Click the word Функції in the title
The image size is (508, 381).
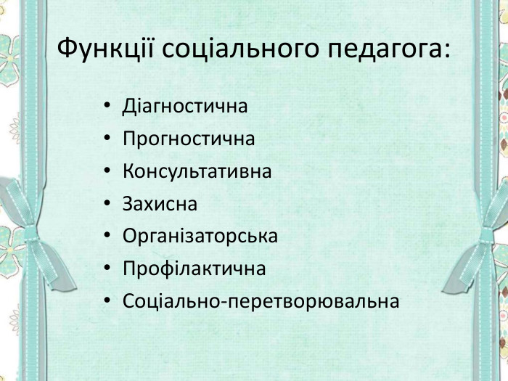105,49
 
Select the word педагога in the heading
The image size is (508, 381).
384,49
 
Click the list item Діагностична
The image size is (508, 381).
185,106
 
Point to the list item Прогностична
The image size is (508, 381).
189,139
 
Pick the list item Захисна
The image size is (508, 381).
160,204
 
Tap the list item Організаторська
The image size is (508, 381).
200,237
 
